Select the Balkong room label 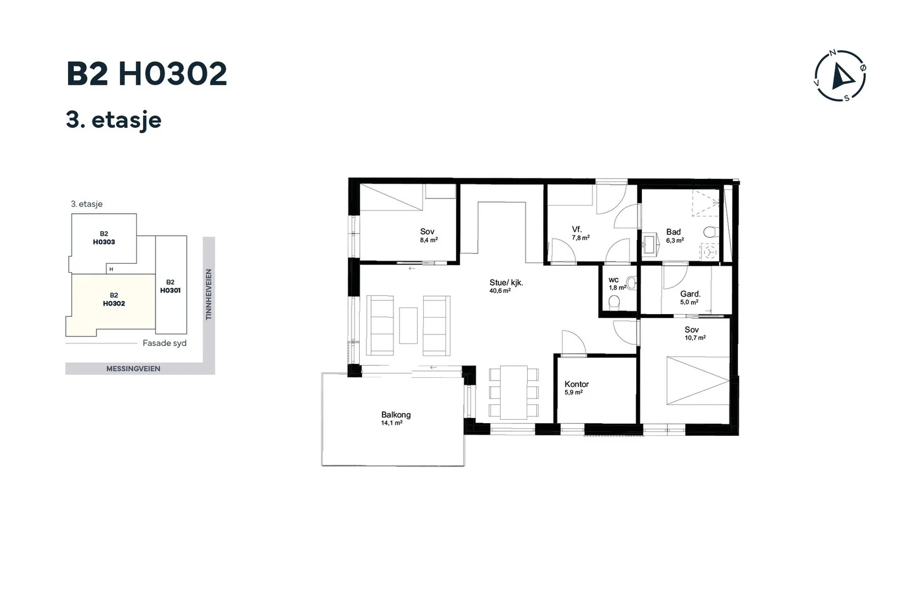pos(395,415)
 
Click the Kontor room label pos(576,384)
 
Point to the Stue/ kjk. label pos(506,283)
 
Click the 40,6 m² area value pos(500,291)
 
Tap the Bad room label pos(673,232)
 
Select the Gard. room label pos(690,294)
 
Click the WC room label pos(613,280)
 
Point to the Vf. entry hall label pos(577,230)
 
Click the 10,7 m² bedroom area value pos(695,337)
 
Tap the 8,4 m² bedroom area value pos(429,240)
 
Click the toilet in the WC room pos(614,302)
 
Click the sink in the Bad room pos(649,244)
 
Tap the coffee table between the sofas pos(408,326)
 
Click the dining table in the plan pos(514,393)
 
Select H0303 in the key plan pos(104,242)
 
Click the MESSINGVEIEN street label pos(133,368)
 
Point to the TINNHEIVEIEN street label pos(209,294)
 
